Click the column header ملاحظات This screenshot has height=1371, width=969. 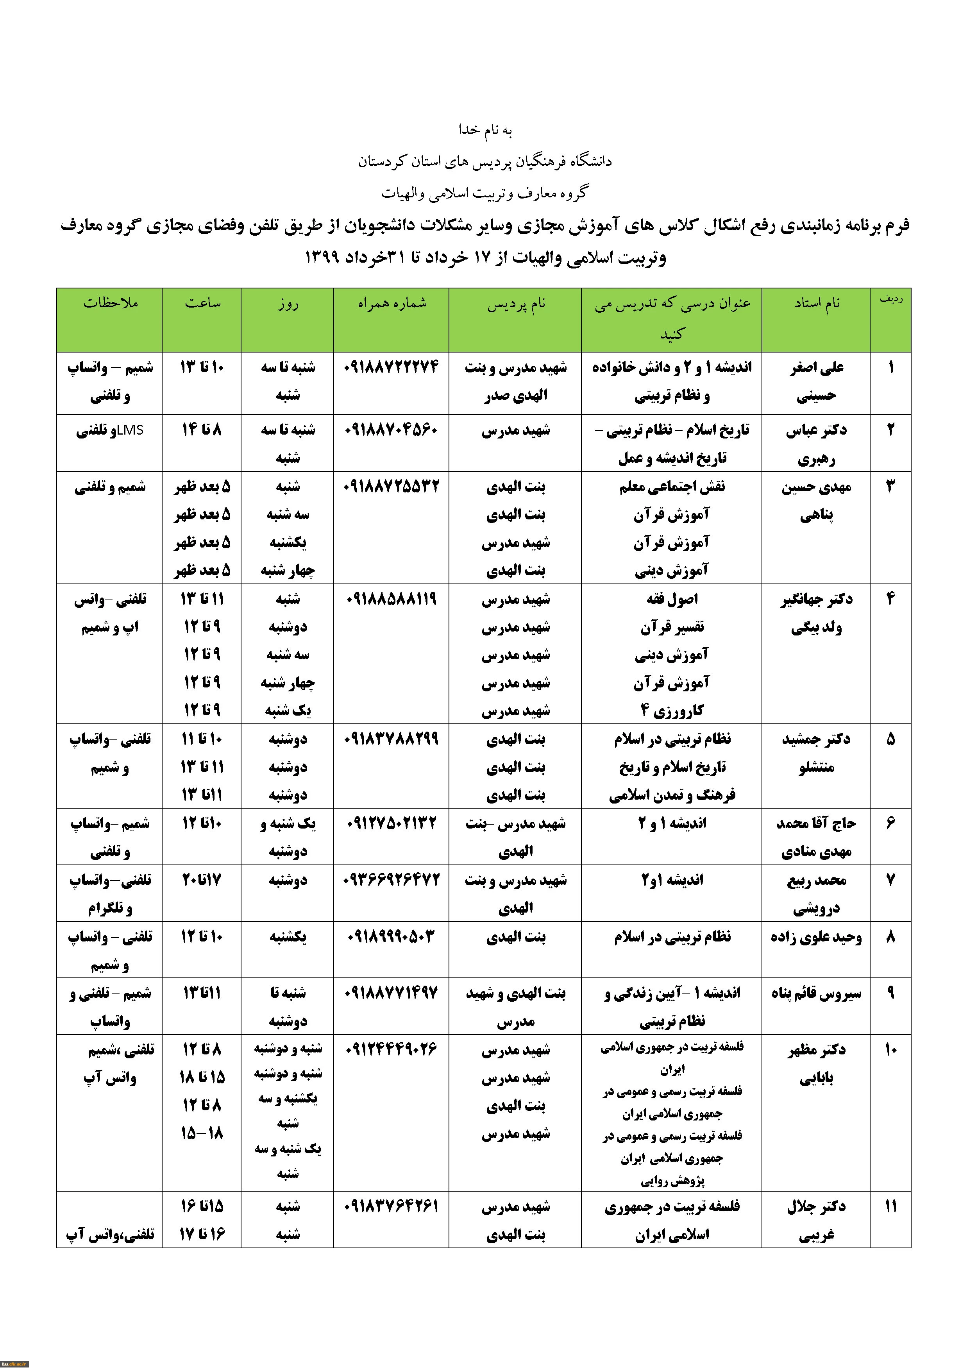[x=111, y=303]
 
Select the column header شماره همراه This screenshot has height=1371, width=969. [x=392, y=303]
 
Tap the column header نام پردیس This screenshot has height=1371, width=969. [x=515, y=304]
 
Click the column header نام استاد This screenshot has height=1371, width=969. [x=816, y=303]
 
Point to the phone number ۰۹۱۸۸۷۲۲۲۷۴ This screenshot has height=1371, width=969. [x=392, y=367]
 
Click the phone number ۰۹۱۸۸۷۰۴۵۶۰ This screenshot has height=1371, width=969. [x=392, y=430]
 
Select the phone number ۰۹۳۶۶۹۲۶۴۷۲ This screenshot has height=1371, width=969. [x=392, y=880]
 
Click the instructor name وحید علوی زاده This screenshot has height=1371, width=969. [x=816, y=937]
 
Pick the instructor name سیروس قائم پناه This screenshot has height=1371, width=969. [x=816, y=993]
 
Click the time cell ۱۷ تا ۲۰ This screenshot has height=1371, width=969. [x=201, y=880]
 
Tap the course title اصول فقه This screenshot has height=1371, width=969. [x=672, y=599]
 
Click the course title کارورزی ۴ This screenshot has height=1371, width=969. [x=672, y=711]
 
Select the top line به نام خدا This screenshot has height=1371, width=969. [x=485, y=130]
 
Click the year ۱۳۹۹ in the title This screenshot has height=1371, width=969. [x=322, y=258]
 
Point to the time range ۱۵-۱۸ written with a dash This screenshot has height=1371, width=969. [x=202, y=1133]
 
